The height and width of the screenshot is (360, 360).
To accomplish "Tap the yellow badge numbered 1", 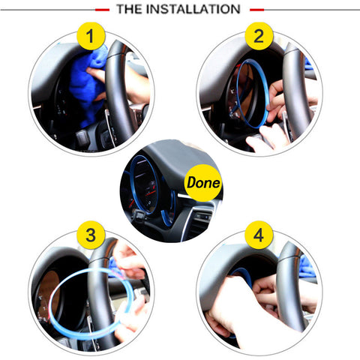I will point(91,36).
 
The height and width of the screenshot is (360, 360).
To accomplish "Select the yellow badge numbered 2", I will point(259,36).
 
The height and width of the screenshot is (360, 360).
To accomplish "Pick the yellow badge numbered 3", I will point(91,235).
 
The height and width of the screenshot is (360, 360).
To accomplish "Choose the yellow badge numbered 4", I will point(259,235).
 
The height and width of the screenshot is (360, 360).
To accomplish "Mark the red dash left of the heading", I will point(103,10).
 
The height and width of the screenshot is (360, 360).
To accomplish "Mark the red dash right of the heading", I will point(256,10).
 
